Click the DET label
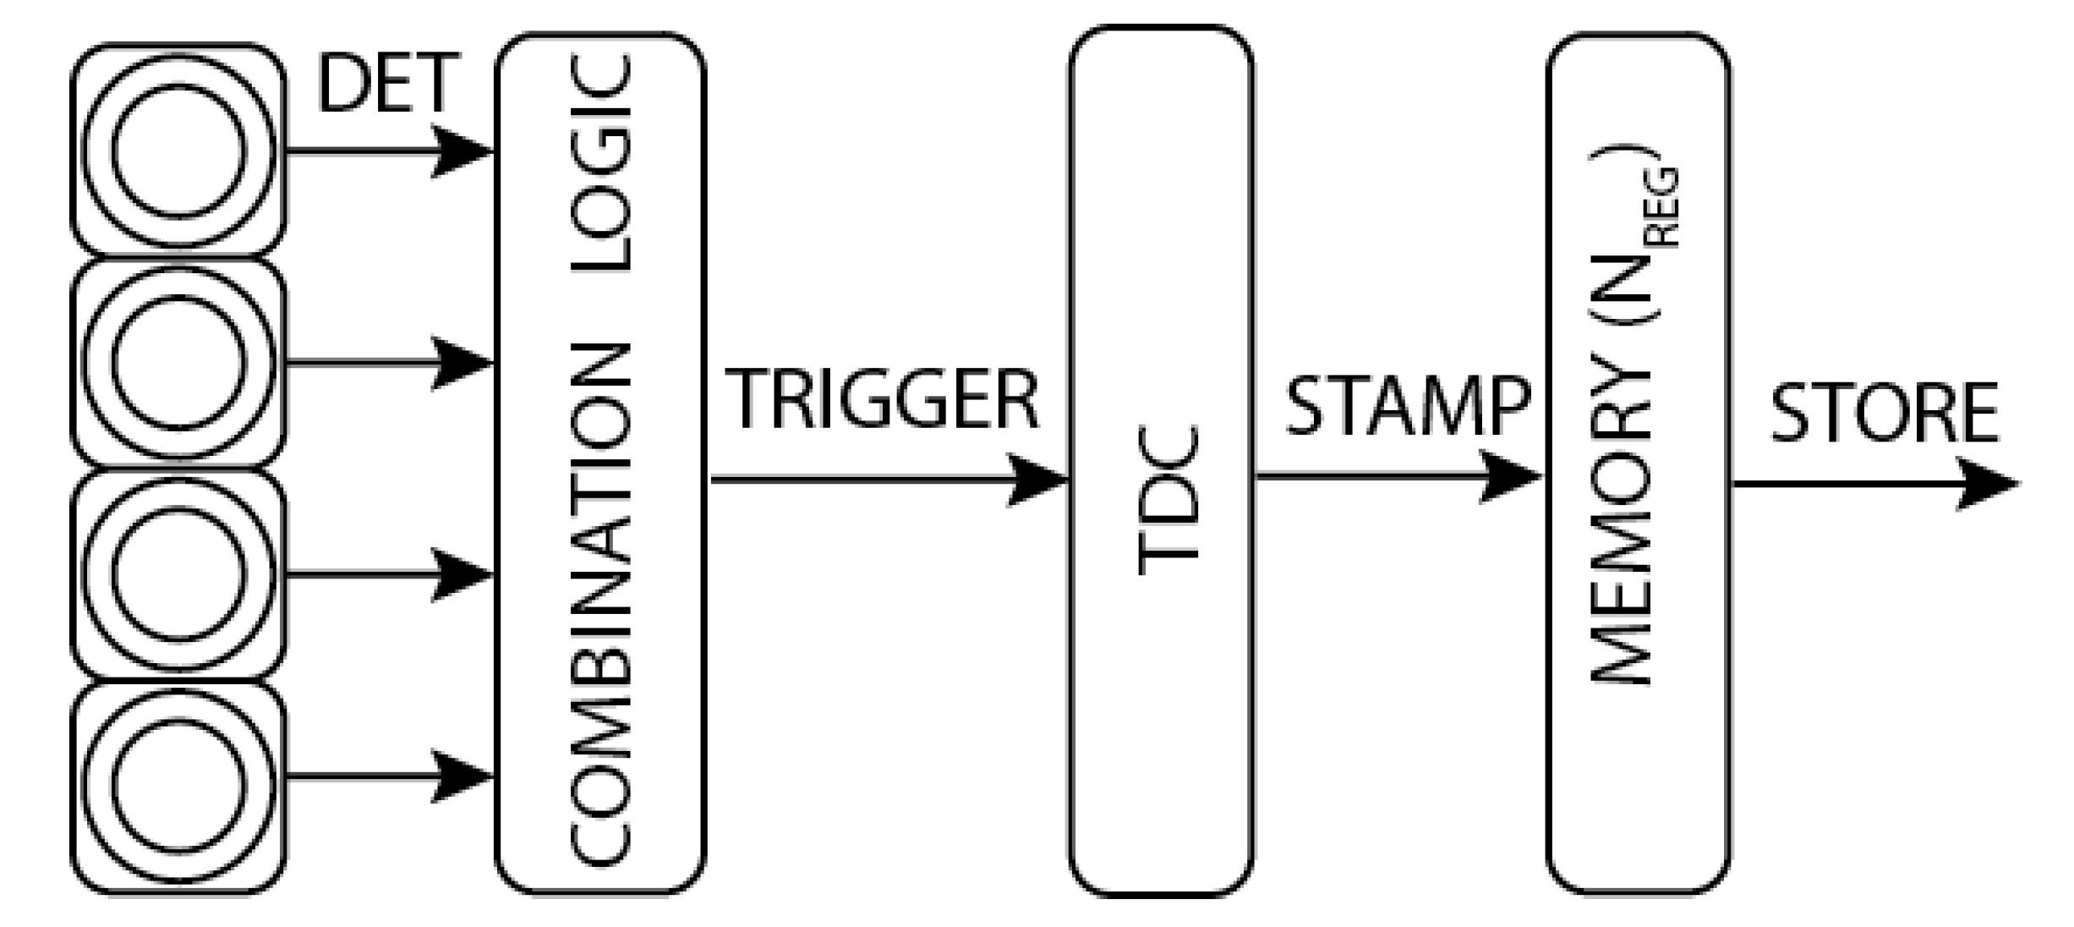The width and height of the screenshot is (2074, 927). coord(388,83)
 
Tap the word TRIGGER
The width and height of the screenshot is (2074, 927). coord(882,400)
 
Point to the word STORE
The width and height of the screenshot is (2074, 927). coord(1885,414)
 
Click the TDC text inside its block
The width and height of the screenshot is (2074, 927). coord(1168,500)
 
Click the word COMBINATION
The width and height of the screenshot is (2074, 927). coord(601,605)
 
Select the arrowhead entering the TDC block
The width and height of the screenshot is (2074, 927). coord(1037,480)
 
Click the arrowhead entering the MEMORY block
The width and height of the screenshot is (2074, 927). coord(1511,476)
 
